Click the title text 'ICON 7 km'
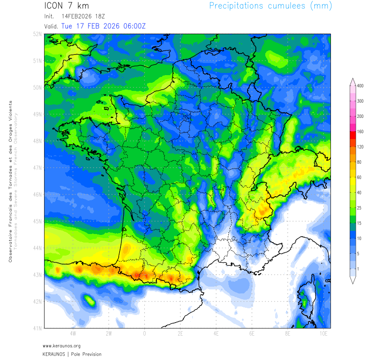pos(67,6)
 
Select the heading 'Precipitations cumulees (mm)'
pos(271,6)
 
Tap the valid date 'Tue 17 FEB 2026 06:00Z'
pos(103,26)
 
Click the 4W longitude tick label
pos(73,334)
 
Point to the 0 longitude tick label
pos(144,334)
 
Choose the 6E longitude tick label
pos(252,334)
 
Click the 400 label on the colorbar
pos(360,85)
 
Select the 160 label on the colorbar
pos(360,131)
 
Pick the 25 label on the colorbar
pos(360,208)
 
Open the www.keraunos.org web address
pos(62,346)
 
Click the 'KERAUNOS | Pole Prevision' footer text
pos(72,354)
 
